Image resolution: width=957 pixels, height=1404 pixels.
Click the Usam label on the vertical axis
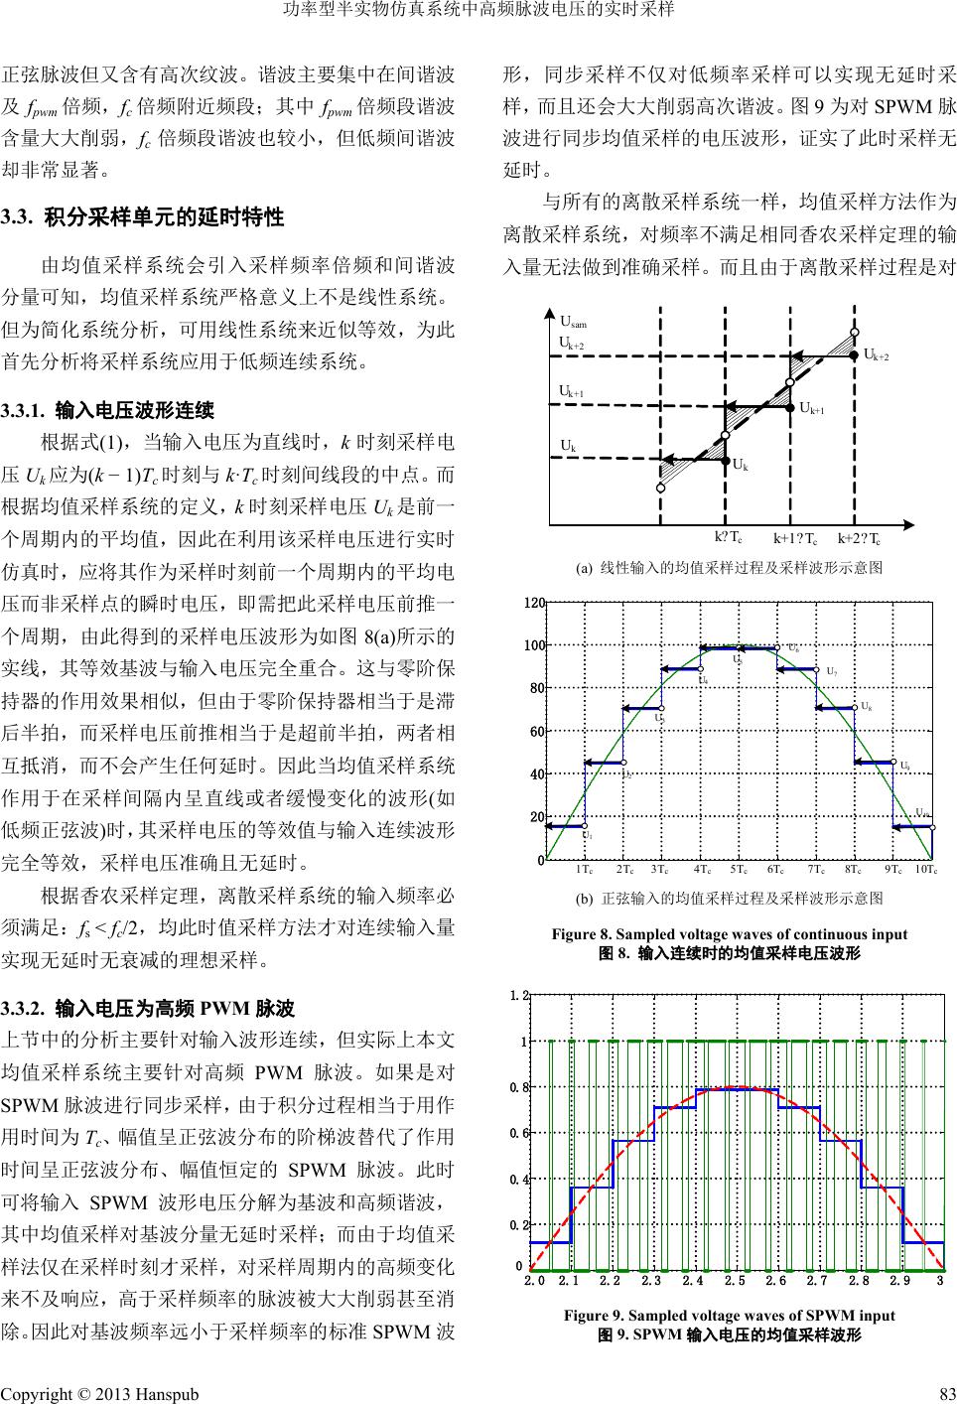pyautogui.click(x=573, y=322)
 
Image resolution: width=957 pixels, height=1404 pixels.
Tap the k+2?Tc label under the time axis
pyautogui.click(x=860, y=539)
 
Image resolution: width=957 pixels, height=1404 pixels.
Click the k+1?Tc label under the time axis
pyautogui.click(x=795, y=539)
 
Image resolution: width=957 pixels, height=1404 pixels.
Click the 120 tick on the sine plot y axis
pyautogui.click(x=536, y=604)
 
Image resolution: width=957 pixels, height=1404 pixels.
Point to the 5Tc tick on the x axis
pyautogui.click(x=739, y=870)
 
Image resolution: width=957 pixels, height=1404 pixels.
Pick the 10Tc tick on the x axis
pyautogui.click(x=925, y=870)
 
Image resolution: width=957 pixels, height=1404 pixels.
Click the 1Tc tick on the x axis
pyautogui.click(x=584, y=870)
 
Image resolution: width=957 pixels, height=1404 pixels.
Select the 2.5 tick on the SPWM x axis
pyautogui.click(x=736, y=1281)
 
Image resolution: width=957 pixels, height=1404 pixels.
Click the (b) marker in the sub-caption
pyautogui.click(x=584, y=899)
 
